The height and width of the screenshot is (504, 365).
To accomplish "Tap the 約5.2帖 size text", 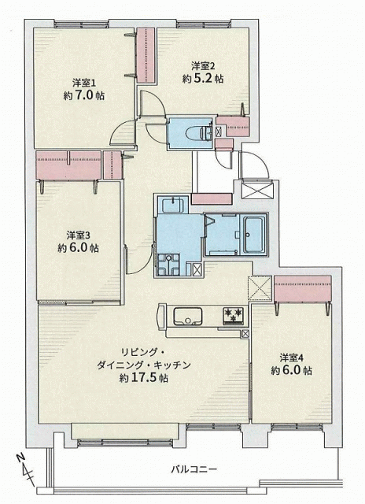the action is (x=203, y=79).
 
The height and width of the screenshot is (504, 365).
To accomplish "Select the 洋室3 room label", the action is (x=79, y=235).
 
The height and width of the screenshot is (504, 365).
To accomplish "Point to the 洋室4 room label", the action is (x=292, y=358).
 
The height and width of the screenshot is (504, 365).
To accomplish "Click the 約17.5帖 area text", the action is (x=144, y=378).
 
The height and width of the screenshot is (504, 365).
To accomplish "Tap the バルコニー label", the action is (x=194, y=469).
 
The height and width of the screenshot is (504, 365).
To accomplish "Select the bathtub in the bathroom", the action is (x=254, y=235).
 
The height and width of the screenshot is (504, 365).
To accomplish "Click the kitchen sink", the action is (x=188, y=317).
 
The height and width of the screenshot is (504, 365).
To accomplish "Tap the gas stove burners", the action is (x=234, y=316).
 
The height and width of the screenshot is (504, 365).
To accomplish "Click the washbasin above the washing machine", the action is (x=172, y=205).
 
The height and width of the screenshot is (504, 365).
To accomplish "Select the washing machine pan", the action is (x=168, y=265).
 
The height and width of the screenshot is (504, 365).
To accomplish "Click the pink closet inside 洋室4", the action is (x=302, y=289).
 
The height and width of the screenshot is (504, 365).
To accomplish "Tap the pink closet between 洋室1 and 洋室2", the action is (x=146, y=55).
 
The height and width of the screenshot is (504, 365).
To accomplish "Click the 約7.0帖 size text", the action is (x=84, y=96).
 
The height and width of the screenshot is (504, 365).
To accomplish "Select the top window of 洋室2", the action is (x=204, y=24).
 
